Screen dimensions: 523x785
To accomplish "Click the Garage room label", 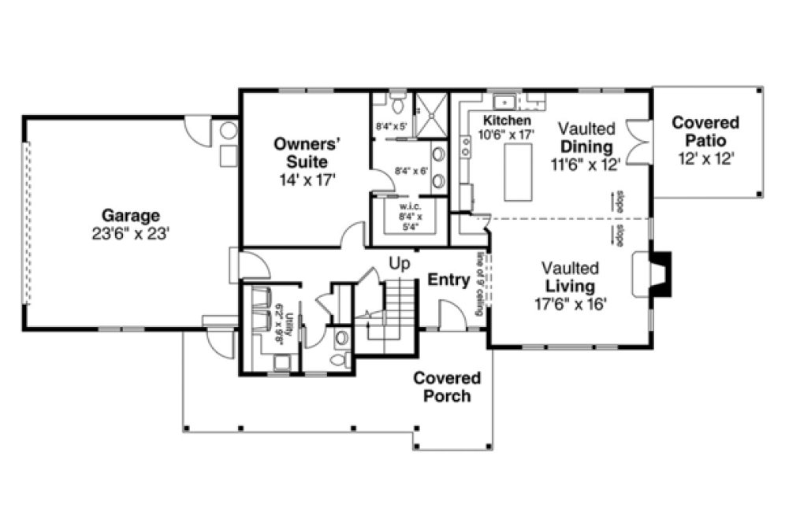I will [131, 215].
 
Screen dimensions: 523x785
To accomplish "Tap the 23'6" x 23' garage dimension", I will [131, 234].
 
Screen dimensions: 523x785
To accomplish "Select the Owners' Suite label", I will [306, 153].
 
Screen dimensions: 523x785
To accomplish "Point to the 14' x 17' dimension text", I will [306, 180].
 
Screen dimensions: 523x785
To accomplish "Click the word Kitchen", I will [508, 121].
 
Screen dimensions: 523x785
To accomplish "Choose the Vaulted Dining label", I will [586, 139].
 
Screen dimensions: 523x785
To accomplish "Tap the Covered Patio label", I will [705, 132].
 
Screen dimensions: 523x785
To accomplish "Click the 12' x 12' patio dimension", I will [705, 158].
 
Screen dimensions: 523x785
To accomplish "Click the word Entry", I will [448, 280].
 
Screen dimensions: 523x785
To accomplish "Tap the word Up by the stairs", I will [400, 264].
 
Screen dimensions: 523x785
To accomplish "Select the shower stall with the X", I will [430, 113].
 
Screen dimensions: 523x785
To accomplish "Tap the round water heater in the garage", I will [229, 131].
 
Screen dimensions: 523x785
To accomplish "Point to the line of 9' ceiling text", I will [479, 284].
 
